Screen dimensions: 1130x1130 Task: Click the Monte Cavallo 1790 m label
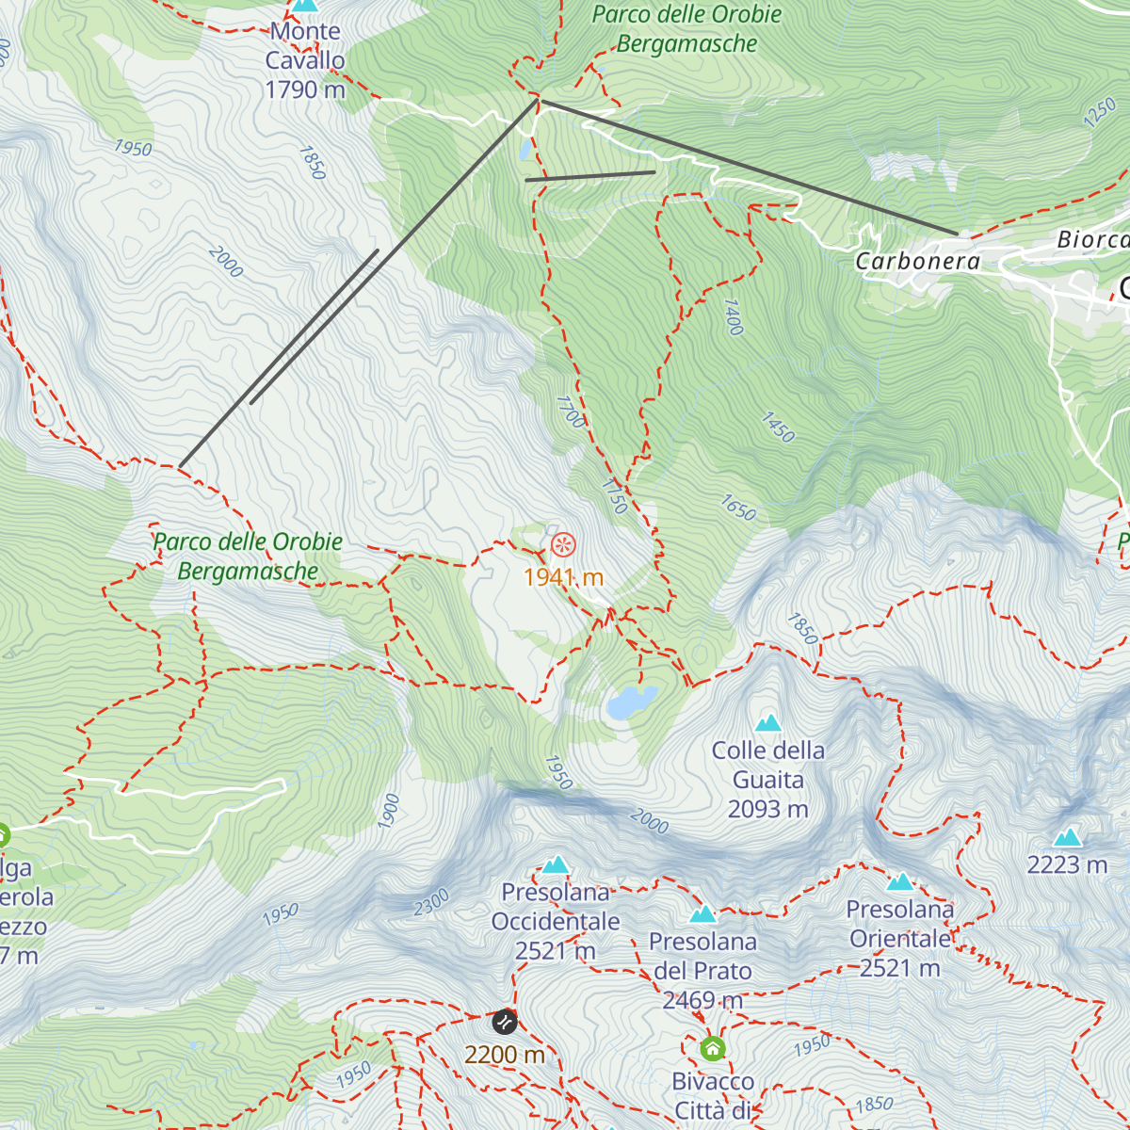pos(305,60)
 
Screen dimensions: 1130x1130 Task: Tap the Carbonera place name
pos(917,262)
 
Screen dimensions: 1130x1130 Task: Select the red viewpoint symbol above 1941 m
pos(563,544)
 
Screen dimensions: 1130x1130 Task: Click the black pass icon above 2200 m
pos(505,1022)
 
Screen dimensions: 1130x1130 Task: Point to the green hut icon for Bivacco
pos(713,1048)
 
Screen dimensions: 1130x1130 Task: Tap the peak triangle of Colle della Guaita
pos(768,723)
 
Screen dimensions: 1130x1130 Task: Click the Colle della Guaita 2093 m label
pos(768,780)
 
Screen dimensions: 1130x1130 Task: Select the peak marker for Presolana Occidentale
pos(556,864)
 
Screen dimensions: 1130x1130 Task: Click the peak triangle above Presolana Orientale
pos(901,882)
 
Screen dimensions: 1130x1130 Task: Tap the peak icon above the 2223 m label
pos(1067,837)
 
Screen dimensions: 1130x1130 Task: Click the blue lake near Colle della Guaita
pos(630,702)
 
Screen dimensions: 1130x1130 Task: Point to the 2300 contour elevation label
pos(431,903)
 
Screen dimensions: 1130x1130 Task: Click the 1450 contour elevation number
pos(778,428)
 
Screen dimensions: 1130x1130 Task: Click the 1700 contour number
pos(571,412)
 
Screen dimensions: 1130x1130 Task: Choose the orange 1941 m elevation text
pos(563,577)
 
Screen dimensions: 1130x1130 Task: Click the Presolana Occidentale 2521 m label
pos(556,922)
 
